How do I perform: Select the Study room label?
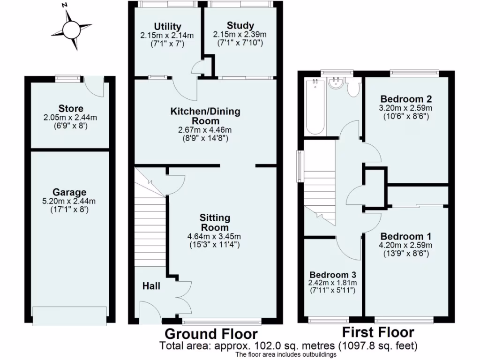240,26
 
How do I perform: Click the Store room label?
71,109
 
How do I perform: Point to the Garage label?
69,192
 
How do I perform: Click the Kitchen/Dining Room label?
205,116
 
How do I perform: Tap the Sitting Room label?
215,222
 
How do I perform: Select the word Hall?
151,285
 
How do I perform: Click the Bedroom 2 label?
406,99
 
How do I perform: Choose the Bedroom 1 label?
406,236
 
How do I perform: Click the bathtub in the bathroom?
315,107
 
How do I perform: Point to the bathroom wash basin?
337,84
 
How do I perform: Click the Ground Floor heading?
210,334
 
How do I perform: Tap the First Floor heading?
378,333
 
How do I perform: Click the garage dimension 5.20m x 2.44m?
69,202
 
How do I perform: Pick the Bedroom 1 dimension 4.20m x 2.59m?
406,245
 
